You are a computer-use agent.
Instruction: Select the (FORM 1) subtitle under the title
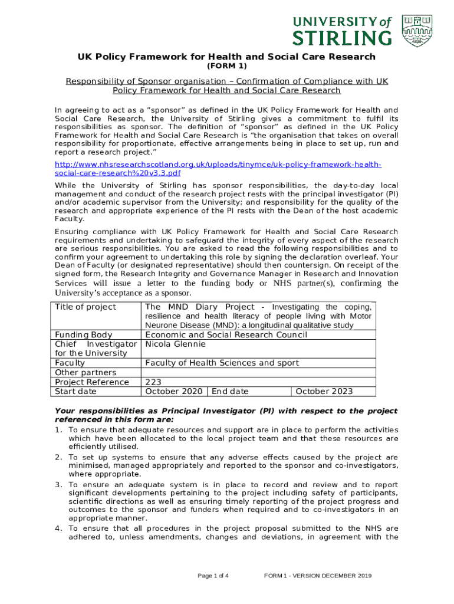click(227, 66)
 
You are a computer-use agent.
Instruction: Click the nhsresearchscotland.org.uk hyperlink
click(218, 169)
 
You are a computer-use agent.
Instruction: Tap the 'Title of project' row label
click(85, 307)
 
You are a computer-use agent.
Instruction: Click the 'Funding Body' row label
click(84, 335)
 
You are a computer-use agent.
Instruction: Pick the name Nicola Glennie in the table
click(176, 344)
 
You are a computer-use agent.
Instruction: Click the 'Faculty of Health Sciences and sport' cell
click(222, 363)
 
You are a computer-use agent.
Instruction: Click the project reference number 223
click(153, 382)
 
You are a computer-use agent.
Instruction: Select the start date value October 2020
click(175, 391)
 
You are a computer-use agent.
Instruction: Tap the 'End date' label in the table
click(230, 391)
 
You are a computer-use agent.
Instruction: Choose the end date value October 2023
click(324, 391)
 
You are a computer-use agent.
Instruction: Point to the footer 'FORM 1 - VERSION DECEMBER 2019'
click(318, 576)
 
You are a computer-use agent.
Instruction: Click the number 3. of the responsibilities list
click(59, 485)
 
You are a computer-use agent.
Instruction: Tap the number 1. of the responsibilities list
click(59, 430)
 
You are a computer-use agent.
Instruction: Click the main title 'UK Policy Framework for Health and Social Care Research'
click(227, 57)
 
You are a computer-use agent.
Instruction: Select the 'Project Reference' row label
click(92, 382)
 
